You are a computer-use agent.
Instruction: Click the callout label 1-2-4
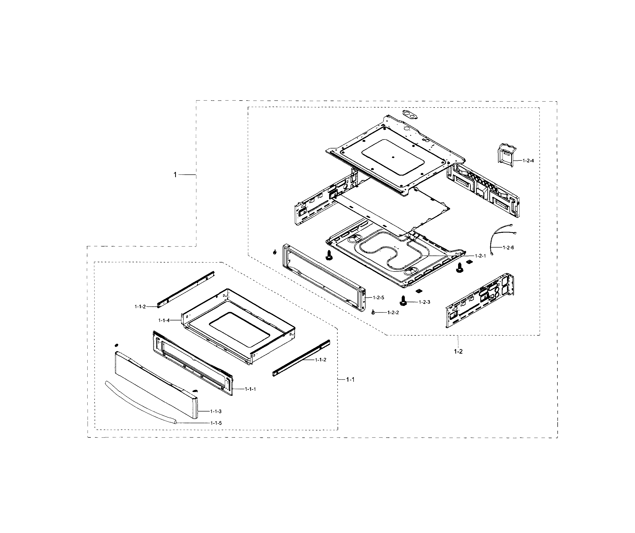pyautogui.click(x=528, y=160)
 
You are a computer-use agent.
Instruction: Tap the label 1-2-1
pyautogui.click(x=480, y=256)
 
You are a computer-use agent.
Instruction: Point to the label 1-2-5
pyautogui.click(x=378, y=297)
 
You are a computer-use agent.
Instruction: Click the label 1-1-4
pyautogui.click(x=164, y=320)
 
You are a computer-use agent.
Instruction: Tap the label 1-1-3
pyautogui.click(x=216, y=411)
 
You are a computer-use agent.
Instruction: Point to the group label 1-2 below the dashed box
pyautogui.click(x=458, y=352)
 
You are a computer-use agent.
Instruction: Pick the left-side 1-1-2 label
pyautogui.click(x=140, y=307)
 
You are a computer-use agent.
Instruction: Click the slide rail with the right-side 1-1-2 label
pyautogui.click(x=301, y=358)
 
